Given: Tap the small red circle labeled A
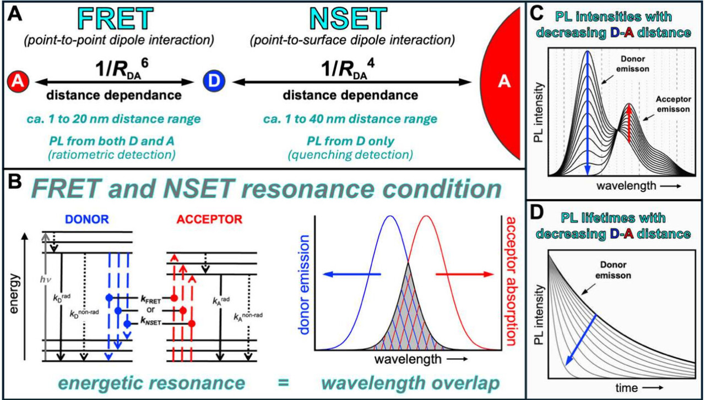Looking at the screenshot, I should coord(17,81).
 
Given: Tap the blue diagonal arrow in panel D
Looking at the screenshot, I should coord(581,339).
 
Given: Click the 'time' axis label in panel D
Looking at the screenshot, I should coord(627,388).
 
